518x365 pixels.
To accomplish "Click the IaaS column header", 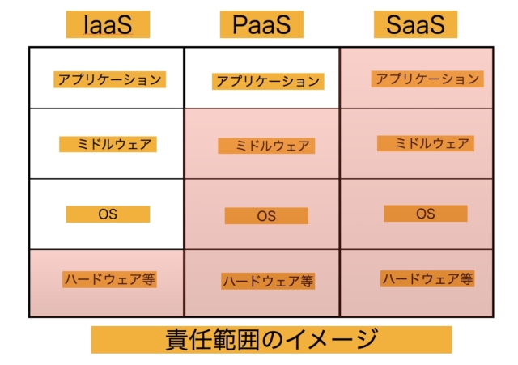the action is click(108, 24).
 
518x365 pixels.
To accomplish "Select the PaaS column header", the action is click(261, 24).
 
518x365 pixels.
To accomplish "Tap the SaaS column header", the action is click(415, 24).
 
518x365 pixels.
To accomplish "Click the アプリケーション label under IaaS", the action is click(110, 79).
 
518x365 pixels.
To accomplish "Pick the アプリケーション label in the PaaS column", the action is click(268, 81).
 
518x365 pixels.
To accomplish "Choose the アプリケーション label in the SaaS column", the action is click(427, 79).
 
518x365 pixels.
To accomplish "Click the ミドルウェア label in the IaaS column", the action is click(108, 144).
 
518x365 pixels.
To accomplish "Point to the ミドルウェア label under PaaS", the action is click(266, 146).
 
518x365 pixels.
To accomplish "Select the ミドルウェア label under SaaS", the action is click(426, 143).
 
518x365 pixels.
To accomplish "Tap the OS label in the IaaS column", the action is click(108, 214).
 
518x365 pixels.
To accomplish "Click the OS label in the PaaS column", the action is click(266, 216).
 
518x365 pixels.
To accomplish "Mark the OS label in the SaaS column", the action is click(426, 214).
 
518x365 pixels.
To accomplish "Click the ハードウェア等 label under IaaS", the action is click(110, 279).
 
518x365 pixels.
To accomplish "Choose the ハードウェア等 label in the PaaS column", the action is click(268, 281).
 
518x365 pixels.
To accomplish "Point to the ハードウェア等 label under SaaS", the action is click(427, 278).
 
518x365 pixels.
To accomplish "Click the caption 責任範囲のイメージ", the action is click(272, 340).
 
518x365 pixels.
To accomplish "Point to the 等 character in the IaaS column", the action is click(149, 279).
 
